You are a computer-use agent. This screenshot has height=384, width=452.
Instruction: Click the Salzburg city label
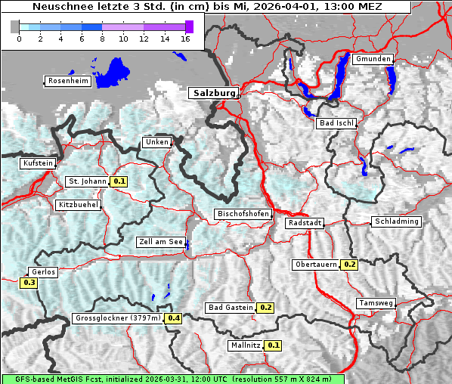coord(213,93)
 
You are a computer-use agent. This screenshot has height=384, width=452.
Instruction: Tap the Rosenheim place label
coord(68,81)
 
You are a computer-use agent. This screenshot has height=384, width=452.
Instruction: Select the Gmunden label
coord(373,59)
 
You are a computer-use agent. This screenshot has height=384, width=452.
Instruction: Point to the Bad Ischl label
coord(336,123)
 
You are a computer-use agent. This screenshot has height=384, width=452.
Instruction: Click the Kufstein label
coord(38,163)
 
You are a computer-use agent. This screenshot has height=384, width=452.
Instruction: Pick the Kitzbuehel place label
coord(79,205)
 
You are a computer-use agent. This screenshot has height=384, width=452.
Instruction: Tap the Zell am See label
coord(161,242)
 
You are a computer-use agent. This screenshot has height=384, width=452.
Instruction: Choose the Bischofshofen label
coord(243,215)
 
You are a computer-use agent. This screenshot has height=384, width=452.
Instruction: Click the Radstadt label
coord(305,223)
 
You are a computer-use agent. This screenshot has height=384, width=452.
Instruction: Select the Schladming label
coord(396,221)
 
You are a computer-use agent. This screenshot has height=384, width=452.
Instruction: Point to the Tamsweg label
coord(376,303)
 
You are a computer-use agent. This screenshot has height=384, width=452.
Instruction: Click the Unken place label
coord(156,142)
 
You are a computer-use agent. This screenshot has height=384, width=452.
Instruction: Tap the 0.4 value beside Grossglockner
coord(174,318)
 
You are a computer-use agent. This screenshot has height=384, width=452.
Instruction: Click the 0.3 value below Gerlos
coord(29,283)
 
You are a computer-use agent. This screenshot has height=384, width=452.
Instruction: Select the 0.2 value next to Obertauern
coord(349,265)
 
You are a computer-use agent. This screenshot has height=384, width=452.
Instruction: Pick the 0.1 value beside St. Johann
coord(119,181)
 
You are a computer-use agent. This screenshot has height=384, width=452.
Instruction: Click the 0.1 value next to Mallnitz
coord(274,345)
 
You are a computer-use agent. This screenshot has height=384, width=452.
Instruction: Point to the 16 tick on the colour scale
coord(184,39)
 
